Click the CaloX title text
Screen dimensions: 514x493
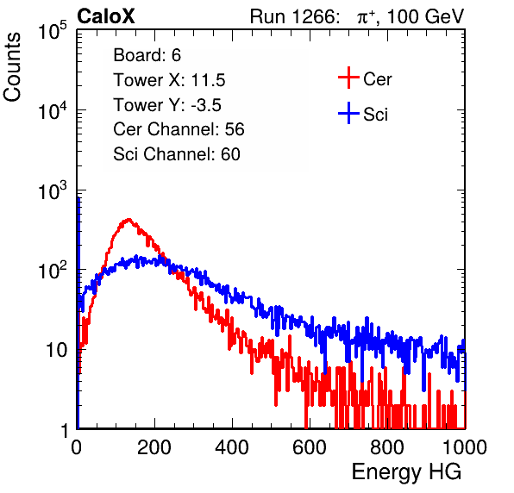[x=106, y=16]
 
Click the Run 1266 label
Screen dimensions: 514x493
[x=294, y=16]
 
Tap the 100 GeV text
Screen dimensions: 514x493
[x=426, y=16]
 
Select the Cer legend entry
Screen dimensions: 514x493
[x=365, y=78]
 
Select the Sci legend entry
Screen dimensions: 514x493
[x=363, y=114]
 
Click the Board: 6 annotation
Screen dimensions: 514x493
[x=147, y=55]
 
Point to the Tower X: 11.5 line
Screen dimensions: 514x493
[x=169, y=80]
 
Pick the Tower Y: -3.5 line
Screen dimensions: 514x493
[x=167, y=105]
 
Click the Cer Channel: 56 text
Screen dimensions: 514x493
[x=179, y=129]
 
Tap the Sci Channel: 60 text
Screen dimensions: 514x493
[x=177, y=154]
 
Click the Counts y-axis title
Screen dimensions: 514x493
[x=12, y=67]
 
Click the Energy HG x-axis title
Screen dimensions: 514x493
[x=406, y=472]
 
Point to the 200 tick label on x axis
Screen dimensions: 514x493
[x=154, y=447]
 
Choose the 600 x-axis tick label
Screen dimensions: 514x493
[x=310, y=447]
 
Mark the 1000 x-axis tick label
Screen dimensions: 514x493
[x=465, y=447]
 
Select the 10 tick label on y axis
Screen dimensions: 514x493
[x=56, y=350]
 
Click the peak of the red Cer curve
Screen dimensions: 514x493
[x=128, y=220]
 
